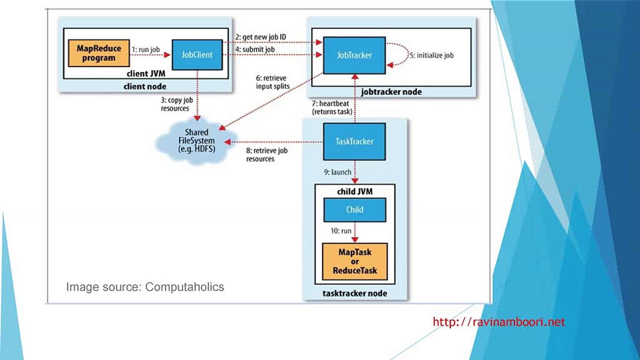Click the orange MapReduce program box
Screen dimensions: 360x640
pos(98,53)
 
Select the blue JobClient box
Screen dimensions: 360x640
pos(197,54)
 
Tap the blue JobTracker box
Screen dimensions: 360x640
pos(354,55)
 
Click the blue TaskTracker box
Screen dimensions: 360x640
pos(354,141)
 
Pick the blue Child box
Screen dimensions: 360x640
pos(354,209)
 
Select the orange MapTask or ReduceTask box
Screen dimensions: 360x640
pos(354,261)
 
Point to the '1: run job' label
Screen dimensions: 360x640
pos(145,49)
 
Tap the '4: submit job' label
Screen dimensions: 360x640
pos(255,49)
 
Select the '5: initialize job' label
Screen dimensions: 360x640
pos(431,55)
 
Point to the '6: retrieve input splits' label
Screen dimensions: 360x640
pos(272,82)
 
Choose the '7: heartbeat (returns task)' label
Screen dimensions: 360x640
pos(332,107)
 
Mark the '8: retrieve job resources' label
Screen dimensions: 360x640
pos(266,154)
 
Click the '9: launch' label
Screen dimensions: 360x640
pos(337,172)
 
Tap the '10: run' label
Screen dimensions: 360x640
pos(340,231)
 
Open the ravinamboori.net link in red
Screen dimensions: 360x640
pos(498,322)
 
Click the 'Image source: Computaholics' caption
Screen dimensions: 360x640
pos(145,287)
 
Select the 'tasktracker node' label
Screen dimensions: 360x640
pos(354,293)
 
